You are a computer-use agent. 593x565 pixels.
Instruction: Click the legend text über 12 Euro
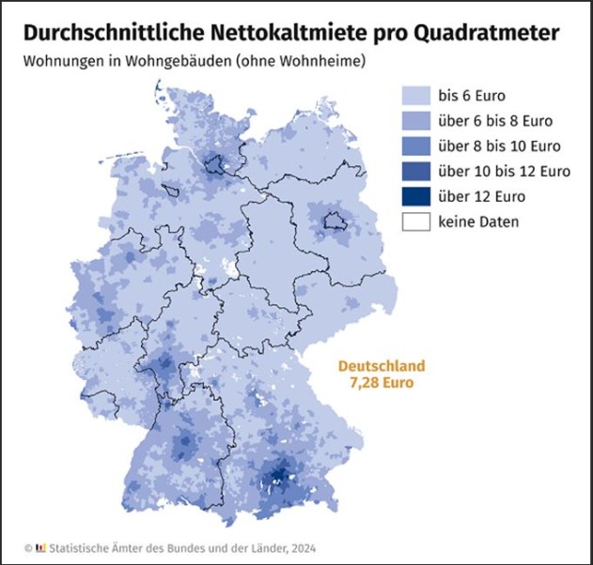tap(481, 197)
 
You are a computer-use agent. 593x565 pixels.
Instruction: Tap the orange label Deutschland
tap(382, 366)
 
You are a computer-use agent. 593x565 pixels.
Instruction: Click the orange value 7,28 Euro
tap(382, 383)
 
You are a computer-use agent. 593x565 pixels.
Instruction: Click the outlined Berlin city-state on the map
tap(335, 221)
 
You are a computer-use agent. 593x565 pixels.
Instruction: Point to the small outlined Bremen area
tap(172, 191)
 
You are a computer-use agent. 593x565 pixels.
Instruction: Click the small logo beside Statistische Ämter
tap(41, 547)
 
